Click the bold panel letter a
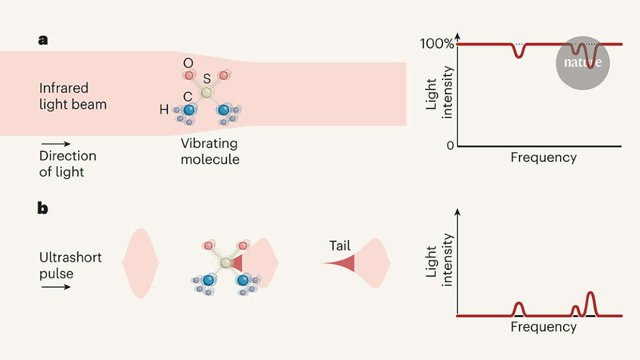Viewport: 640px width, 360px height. [42, 40]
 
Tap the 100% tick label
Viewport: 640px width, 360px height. [437, 44]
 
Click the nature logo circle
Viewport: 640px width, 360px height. [582, 62]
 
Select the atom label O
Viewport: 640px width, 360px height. [187, 63]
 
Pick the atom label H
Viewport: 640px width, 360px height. [164, 111]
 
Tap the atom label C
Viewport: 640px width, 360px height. [187, 96]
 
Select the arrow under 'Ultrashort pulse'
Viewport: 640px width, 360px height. [56, 287]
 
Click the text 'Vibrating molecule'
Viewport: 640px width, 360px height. [210, 151]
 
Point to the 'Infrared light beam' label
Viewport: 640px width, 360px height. [72, 96]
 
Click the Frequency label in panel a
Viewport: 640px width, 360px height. [543, 157]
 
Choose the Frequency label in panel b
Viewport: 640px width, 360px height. [543, 327]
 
